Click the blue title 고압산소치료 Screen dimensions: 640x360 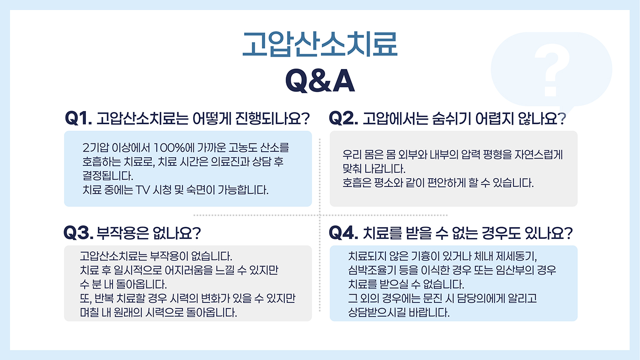pyautogui.click(x=320, y=44)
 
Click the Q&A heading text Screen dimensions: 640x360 pyautogui.click(x=320, y=81)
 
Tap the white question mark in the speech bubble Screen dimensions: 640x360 pyautogui.click(x=552, y=70)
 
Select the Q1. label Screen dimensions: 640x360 pyautogui.click(x=79, y=118)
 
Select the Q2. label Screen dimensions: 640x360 pyautogui.click(x=343, y=118)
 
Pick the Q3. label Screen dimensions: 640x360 pyautogui.click(x=79, y=233)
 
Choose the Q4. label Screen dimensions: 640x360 pyautogui.click(x=343, y=233)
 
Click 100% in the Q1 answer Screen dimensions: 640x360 pyautogui.click(x=169, y=148)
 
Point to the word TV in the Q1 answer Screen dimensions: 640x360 pyautogui.click(x=143, y=190)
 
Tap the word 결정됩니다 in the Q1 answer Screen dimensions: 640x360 pyautogui.click(x=108, y=175)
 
